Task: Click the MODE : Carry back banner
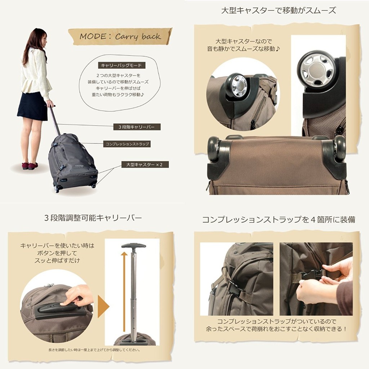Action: tap(120, 36)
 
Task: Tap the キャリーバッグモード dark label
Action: tap(121, 65)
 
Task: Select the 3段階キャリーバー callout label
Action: tap(137, 127)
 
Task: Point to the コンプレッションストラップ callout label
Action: tap(127, 144)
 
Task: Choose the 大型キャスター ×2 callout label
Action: tap(145, 164)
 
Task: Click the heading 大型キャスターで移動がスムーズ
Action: tap(279, 10)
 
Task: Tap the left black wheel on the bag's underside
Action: tap(214, 150)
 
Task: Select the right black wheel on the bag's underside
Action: tap(339, 148)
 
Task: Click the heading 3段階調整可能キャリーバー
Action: tap(93, 218)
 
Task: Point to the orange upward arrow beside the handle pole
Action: tap(124, 291)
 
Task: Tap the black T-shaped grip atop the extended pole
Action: tap(134, 246)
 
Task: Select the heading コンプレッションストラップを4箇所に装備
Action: tap(279, 219)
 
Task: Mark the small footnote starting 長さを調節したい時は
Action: tap(94, 350)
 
